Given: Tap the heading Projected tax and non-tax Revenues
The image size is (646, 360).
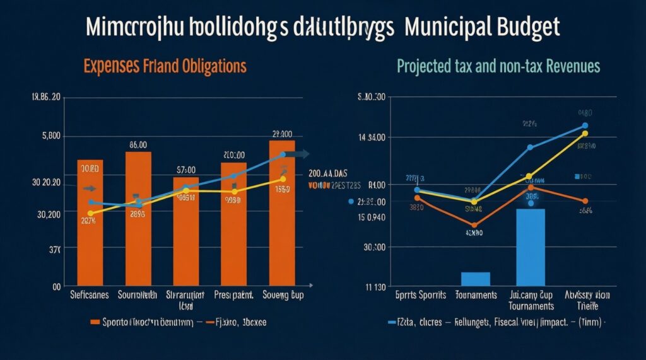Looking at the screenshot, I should (498, 66).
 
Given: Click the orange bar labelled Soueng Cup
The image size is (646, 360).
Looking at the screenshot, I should (282, 214).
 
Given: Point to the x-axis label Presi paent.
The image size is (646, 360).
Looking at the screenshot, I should (234, 294).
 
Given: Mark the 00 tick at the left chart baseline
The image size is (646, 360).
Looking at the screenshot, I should (56, 287).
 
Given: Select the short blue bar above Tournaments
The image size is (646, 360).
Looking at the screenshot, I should (475, 279).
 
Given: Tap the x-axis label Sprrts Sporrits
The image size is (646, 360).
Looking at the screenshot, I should (421, 294).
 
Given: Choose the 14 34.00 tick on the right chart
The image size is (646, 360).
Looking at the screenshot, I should (372, 137).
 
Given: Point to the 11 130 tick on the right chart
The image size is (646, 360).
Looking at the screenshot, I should (377, 287).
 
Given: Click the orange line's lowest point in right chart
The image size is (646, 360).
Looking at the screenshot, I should (474, 225).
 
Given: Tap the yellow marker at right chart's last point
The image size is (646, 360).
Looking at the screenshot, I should (585, 133).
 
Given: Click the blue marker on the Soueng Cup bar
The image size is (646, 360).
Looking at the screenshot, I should (283, 154).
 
